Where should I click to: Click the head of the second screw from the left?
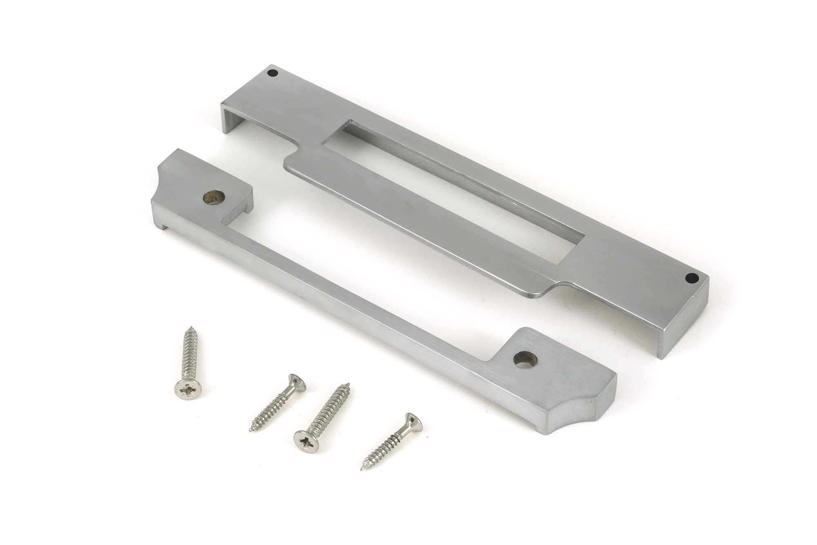click(297, 382)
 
